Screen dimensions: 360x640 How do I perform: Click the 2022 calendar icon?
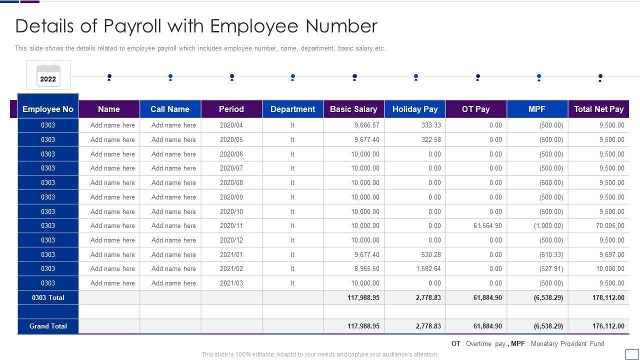[48, 75]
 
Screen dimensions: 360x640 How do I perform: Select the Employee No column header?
[48, 109]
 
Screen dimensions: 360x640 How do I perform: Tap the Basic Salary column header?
[353, 109]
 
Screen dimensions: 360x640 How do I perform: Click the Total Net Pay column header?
[598, 109]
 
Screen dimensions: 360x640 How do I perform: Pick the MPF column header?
[537, 109]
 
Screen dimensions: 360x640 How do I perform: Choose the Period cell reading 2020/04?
[231, 125]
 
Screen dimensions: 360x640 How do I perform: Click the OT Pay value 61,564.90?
[487, 225]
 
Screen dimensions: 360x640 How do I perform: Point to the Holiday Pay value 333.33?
[431, 125]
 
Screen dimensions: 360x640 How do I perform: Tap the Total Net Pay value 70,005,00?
[610, 225]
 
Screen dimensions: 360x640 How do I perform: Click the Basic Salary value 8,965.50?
[366, 268]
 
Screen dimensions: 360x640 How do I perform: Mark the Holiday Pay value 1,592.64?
[428, 268]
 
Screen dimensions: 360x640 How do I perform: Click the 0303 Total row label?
[48, 297]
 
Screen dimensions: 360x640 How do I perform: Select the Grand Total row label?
[48, 326]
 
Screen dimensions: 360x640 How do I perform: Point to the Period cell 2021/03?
[231, 283]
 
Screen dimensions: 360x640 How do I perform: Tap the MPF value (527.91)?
[551, 268]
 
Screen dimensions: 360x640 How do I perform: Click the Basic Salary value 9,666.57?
[366, 125]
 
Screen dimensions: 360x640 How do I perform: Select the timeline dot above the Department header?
[293, 77]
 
